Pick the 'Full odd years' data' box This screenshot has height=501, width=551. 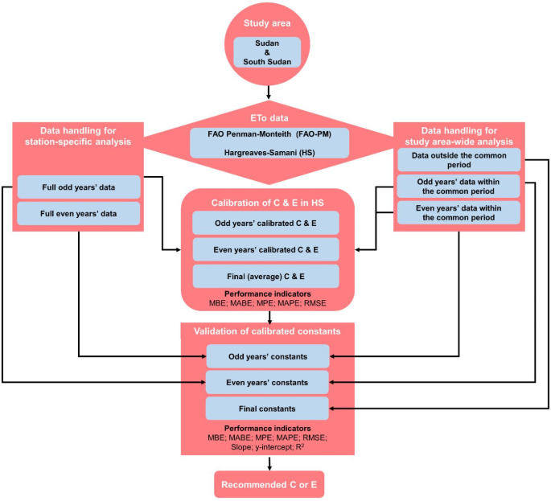pyautogui.click(x=79, y=187)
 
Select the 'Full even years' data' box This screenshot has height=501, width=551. pyautogui.click(x=79, y=213)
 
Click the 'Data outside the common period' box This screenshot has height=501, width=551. pyautogui.click(x=458, y=159)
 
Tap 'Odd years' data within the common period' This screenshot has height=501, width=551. pyautogui.click(x=458, y=186)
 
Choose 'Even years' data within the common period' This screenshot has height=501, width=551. pyautogui.click(x=458, y=212)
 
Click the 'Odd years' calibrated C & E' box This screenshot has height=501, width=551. pyautogui.click(x=265, y=223)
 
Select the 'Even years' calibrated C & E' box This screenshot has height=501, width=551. pyautogui.click(x=265, y=249)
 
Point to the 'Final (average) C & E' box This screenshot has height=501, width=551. pyautogui.click(x=265, y=276)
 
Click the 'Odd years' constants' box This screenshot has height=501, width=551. pyautogui.click(x=268, y=355)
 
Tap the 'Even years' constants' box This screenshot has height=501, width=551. pyautogui.click(x=268, y=381)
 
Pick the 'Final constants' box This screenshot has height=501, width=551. pyautogui.click(x=268, y=408)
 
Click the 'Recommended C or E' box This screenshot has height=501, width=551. pyautogui.click(x=269, y=484)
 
